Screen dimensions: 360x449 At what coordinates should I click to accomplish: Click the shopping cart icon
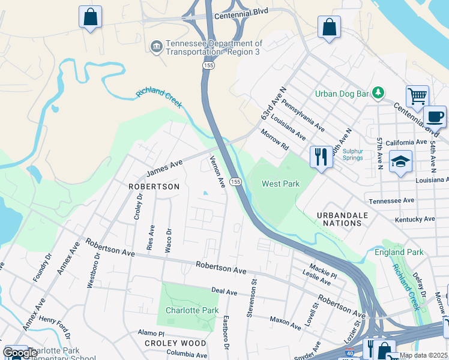(x=417, y=96)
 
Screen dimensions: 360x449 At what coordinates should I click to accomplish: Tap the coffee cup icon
(x=435, y=116)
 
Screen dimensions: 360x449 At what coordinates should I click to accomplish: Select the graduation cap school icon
(x=400, y=161)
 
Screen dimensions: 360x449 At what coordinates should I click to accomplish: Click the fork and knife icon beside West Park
(x=321, y=157)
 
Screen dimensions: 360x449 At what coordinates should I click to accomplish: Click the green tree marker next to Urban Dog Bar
(x=378, y=92)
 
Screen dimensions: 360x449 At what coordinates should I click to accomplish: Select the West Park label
(x=280, y=184)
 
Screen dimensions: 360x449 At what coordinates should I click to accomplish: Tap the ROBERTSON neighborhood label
(x=154, y=187)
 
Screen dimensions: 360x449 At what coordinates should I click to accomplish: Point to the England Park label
(x=399, y=253)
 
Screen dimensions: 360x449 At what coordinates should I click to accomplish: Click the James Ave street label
(x=164, y=169)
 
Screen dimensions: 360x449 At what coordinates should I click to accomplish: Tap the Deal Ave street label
(x=224, y=291)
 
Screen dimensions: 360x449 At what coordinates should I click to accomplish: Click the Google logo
(x=20, y=353)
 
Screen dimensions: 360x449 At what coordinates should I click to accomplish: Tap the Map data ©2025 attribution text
(x=423, y=355)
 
